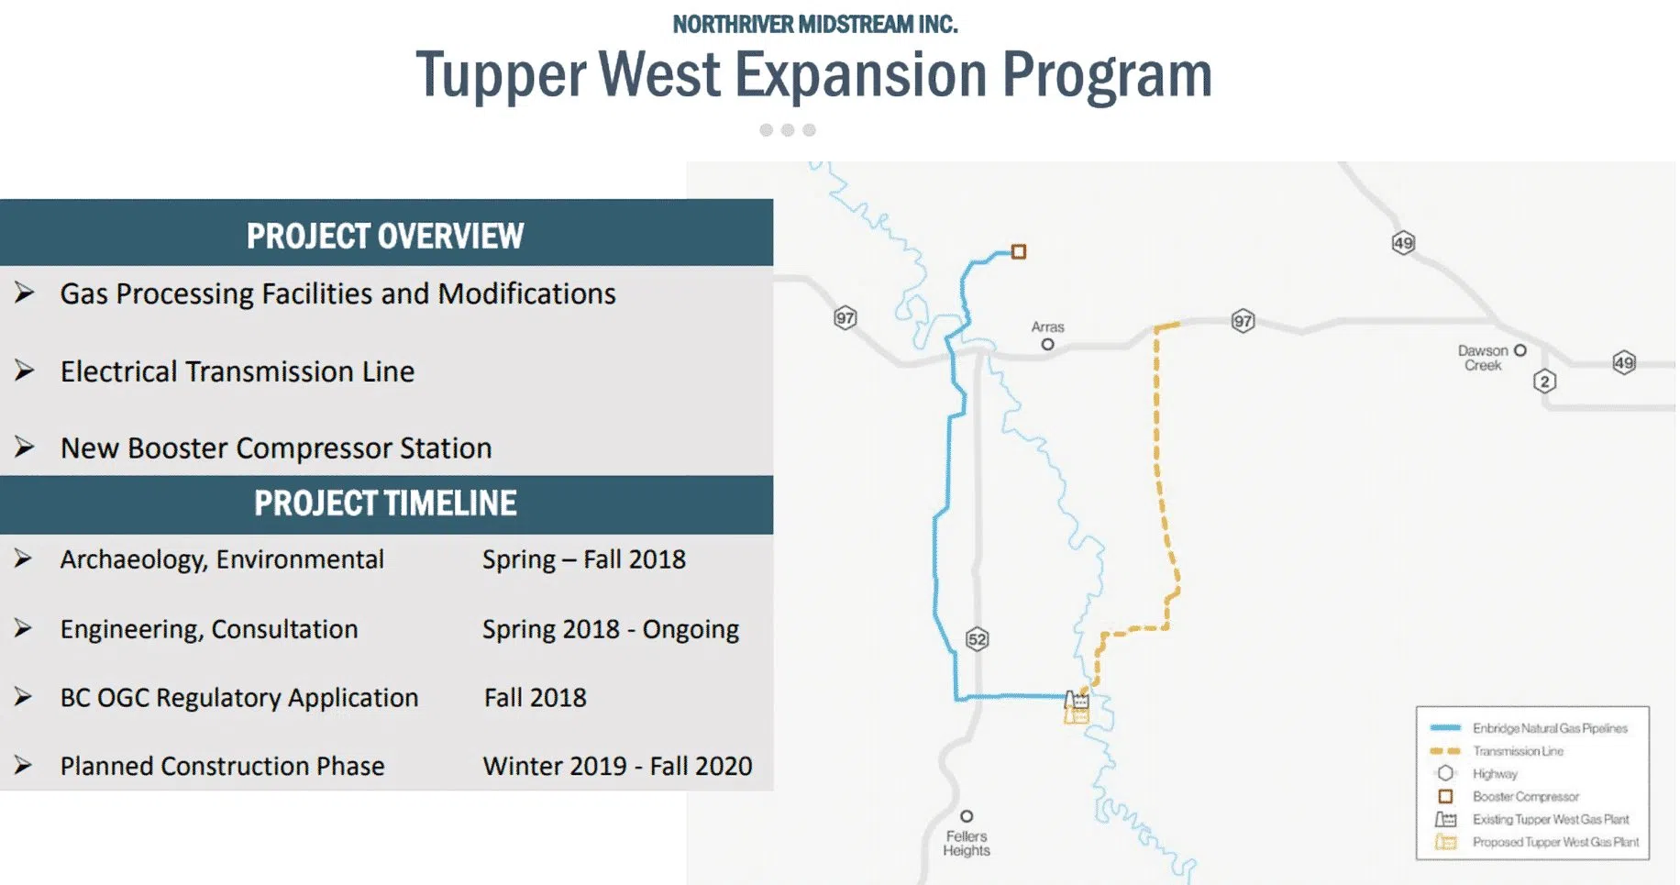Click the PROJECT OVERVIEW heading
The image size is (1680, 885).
point(385,236)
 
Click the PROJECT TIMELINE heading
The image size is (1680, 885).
point(385,503)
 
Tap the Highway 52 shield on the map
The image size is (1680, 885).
point(978,639)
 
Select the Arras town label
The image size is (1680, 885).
point(1047,327)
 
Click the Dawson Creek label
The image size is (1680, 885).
point(1483,358)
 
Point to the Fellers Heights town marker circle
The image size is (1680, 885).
point(967,816)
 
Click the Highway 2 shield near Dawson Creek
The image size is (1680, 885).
point(1544,382)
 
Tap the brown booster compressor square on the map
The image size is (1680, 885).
point(1018,251)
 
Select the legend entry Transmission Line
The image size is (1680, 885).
point(1518,751)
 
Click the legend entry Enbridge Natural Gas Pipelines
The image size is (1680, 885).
point(1550,728)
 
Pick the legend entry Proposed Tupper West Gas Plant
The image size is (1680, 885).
point(1555,842)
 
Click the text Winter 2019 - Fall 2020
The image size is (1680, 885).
point(617,766)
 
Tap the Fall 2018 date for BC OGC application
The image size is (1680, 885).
point(536,698)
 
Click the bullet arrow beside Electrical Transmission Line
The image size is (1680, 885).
point(25,371)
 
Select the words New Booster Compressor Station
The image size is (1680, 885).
point(276,448)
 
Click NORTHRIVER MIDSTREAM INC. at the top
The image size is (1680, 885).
point(814,25)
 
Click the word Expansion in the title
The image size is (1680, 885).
point(860,75)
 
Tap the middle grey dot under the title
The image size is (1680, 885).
point(788,130)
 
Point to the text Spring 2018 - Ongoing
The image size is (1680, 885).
point(611,629)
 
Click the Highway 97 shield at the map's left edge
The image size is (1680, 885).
point(845,318)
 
